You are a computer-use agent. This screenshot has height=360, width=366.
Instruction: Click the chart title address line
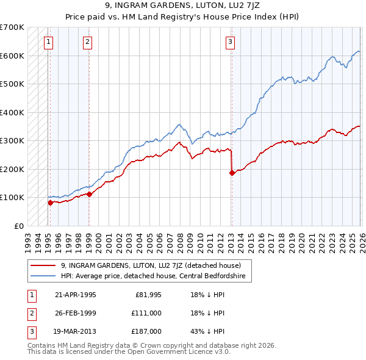coord(182,7)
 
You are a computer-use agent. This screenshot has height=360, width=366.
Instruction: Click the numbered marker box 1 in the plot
coord(48,42)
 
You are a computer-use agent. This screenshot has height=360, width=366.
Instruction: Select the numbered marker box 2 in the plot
coord(88,42)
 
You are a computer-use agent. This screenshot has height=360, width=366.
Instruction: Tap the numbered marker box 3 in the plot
coord(230,42)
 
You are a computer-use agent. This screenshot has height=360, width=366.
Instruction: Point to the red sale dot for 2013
coord(232,173)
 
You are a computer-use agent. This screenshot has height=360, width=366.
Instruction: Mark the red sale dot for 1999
coord(89,194)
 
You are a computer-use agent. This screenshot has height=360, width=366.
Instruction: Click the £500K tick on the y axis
coord(12,84)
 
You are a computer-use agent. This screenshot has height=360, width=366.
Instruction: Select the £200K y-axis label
coord(12,169)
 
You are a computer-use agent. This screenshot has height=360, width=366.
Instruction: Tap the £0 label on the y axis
coord(18,226)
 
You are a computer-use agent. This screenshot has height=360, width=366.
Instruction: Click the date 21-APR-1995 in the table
coord(75,294)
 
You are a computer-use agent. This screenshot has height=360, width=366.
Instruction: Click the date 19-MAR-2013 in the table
coord(76,331)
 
